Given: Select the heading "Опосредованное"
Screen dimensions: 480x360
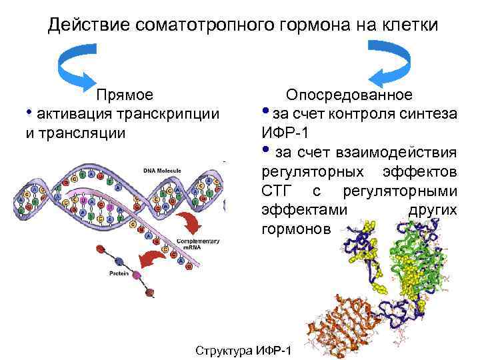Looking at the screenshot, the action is [x=349, y=95].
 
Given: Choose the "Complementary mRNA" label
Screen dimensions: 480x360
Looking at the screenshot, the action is [x=195, y=244].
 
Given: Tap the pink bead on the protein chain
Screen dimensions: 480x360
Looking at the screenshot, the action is [x=137, y=275].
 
